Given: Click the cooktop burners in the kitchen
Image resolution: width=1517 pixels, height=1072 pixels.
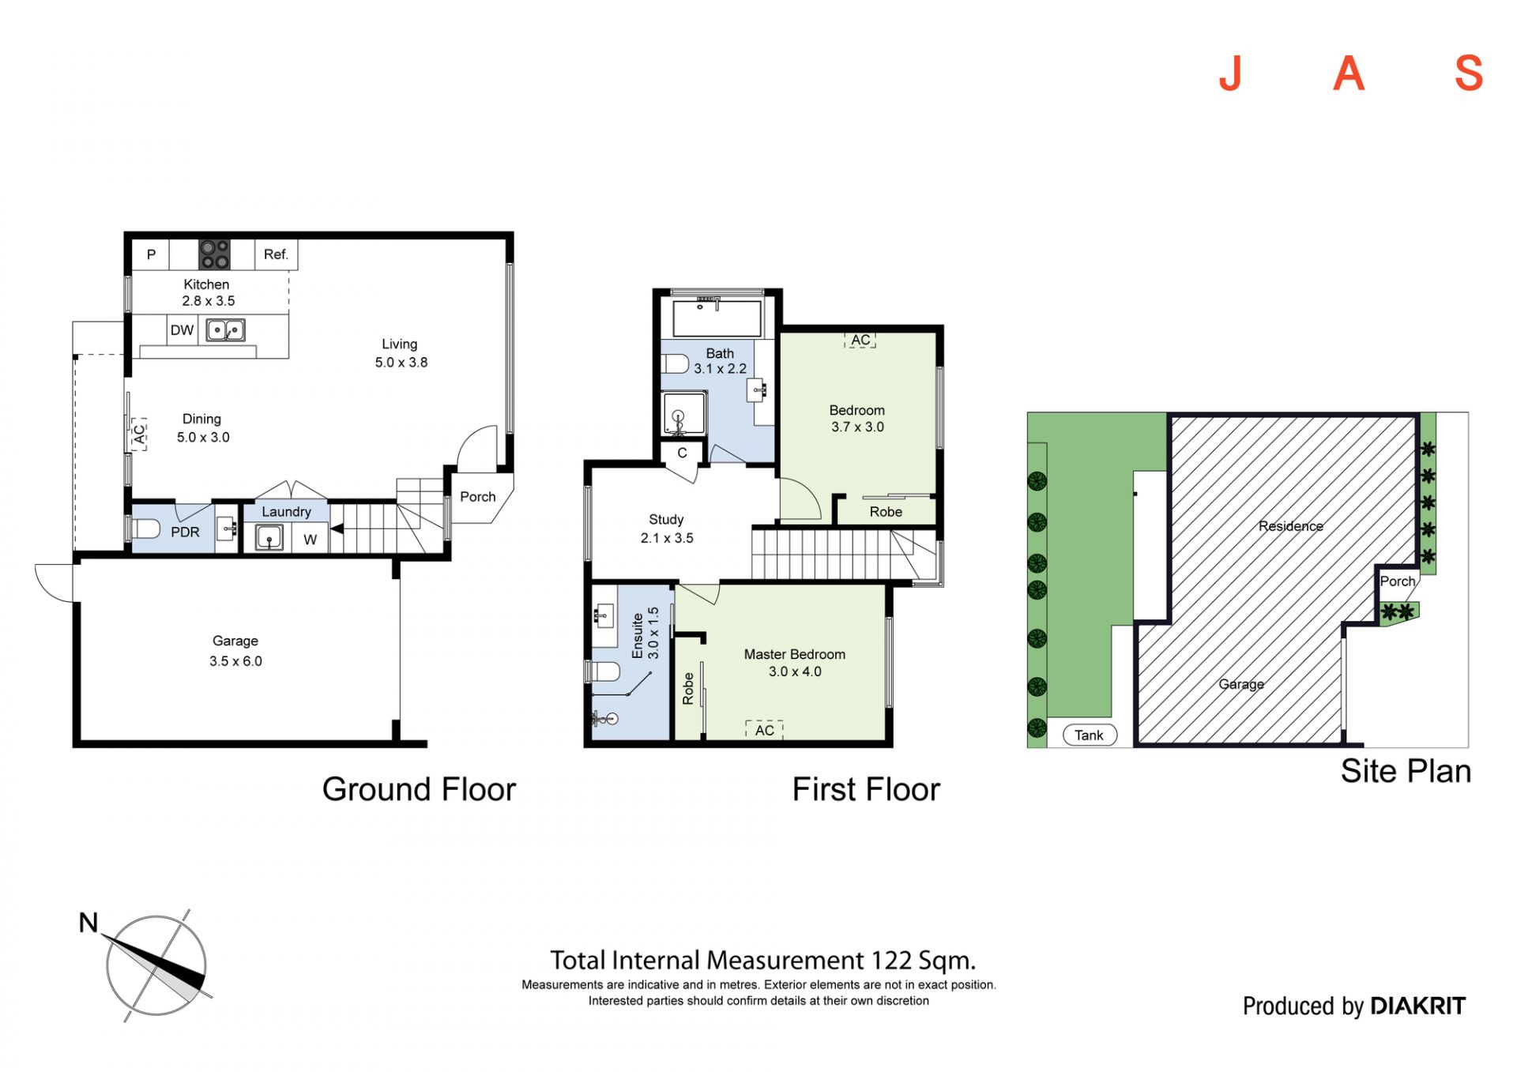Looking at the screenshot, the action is coord(214,254).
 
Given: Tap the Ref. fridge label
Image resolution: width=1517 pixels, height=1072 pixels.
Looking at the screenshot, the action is coord(276,254).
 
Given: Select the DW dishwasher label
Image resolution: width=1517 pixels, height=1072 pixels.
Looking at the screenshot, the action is coord(182,330).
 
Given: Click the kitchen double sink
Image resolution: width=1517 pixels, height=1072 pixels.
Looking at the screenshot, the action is coord(226,329).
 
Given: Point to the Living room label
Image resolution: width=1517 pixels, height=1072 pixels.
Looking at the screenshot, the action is coord(400,344).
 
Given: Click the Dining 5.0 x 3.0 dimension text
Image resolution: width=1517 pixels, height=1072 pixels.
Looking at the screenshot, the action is coord(203,438).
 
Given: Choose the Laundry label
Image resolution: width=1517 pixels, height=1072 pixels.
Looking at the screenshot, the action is coord(286,512).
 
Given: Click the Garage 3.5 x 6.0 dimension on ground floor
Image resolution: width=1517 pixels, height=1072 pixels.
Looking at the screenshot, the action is coord(235,661).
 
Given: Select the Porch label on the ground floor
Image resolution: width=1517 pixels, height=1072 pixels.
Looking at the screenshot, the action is coord(478,497).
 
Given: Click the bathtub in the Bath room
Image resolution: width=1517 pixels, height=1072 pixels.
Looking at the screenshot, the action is coord(717,318).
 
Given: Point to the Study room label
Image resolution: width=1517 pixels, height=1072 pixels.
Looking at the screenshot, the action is coord(666,520).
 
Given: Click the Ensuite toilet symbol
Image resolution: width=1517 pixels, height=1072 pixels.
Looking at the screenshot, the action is coord(604,672).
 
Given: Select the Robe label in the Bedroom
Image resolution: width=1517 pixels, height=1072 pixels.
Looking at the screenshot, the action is coord(886,512).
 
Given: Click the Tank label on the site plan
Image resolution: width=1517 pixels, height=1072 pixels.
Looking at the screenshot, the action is coord(1089,735).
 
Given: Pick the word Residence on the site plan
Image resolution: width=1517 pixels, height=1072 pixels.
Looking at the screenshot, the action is coord(1291,526).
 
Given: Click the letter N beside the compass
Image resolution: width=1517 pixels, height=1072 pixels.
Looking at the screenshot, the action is coord(88,923).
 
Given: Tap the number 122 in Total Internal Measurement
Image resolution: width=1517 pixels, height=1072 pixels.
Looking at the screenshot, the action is coord(891,961).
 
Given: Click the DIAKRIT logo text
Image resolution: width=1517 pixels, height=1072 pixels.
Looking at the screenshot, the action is coord(1418,1006).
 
